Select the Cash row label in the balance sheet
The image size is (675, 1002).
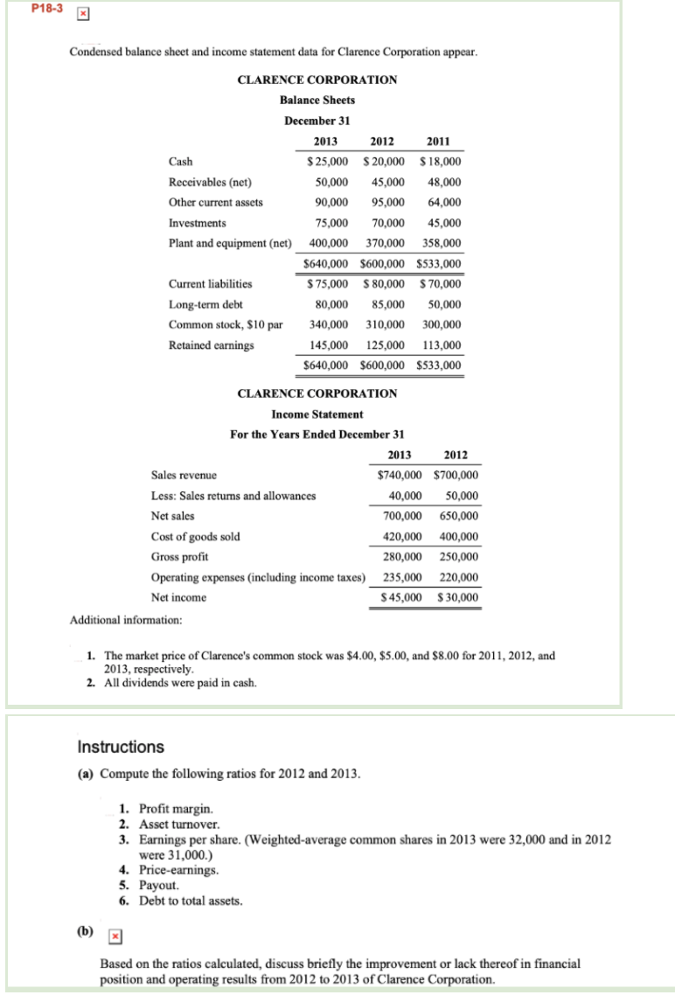click(180, 162)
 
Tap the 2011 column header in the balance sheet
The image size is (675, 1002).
click(437, 142)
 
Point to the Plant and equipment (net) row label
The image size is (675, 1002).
click(227, 243)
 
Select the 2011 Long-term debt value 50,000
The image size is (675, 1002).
click(442, 304)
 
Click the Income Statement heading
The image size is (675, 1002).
click(317, 414)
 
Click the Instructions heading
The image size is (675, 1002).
click(121, 747)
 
